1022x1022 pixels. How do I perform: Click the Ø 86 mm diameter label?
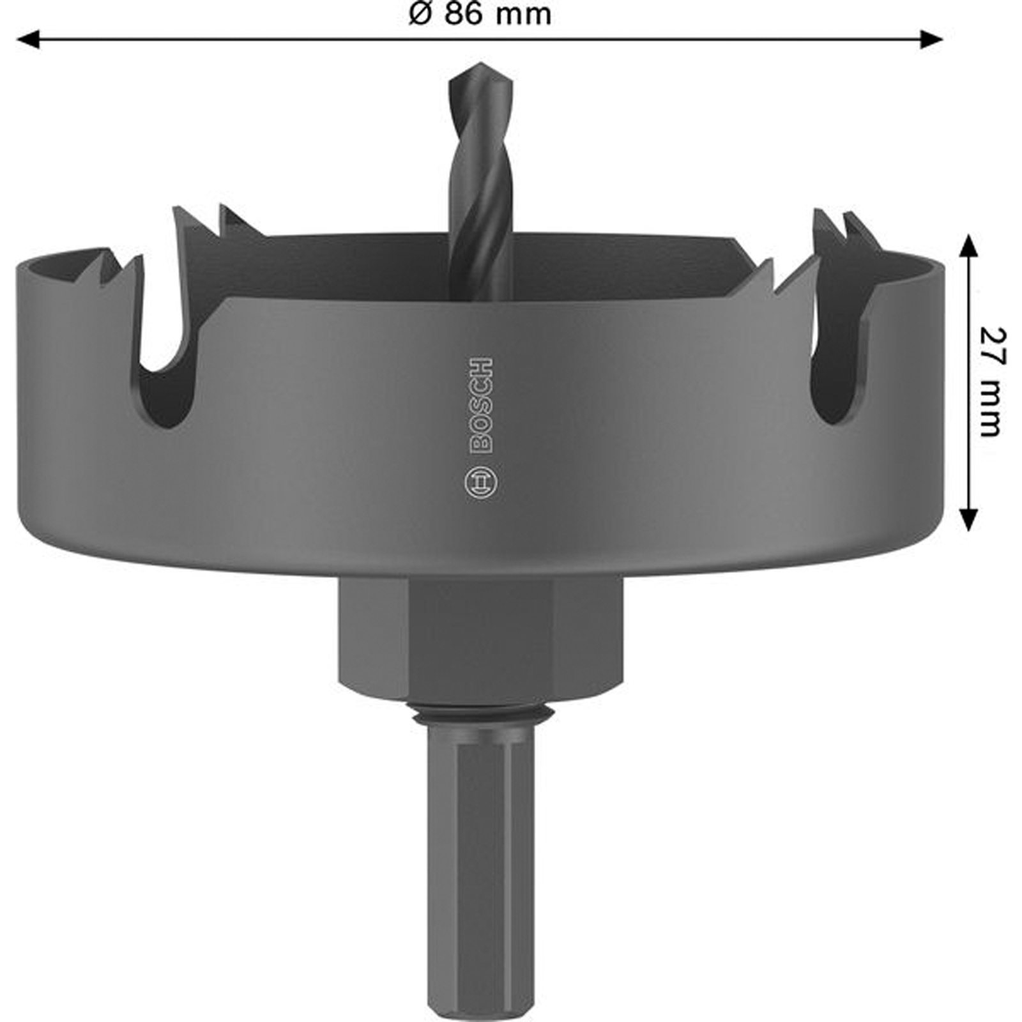pyautogui.click(x=480, y=14)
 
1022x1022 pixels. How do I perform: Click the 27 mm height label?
pyautogui.click(x=992, y=382)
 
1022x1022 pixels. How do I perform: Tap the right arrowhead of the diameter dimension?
pyautogui.click(x=931, y=40)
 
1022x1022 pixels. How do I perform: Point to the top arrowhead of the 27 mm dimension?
pyautogui.click(x=969, y=245)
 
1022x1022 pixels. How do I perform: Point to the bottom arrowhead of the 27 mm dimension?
pyautogui.click(x=969, y=519)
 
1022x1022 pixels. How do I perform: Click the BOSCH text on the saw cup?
pyautogui.click(x=481, y=406)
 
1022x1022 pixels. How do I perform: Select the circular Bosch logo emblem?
pyautogui.click(x=481, y=484)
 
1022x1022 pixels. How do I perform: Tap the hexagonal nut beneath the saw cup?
pyautogui.click(x=480, y=639)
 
